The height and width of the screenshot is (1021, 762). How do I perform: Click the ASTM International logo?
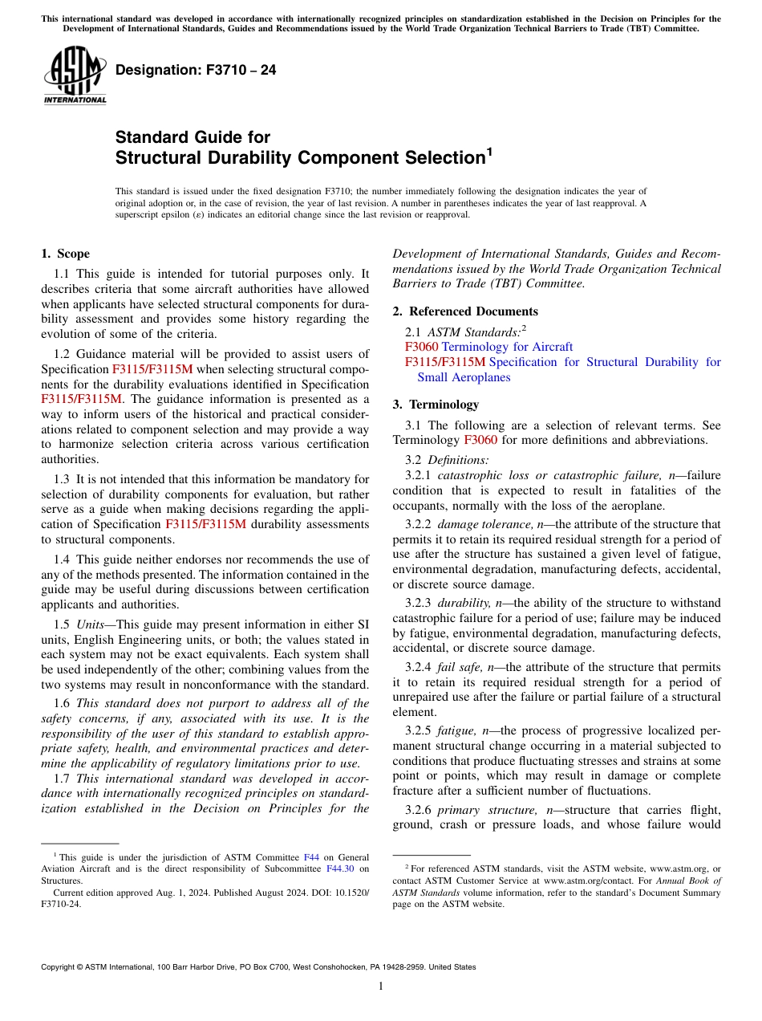tap(74, 75)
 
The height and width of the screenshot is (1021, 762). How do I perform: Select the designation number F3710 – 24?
tap(196, 71)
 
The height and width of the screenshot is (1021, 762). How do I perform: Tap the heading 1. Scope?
tap(65, 254)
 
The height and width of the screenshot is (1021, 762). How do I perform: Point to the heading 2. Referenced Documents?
tap(465, 311)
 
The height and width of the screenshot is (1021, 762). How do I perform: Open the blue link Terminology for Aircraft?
tap(507, 347)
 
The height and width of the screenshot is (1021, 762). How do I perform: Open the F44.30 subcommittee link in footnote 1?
tap(340, 868)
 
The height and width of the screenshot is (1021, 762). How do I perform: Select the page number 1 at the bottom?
tap(381, 986)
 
